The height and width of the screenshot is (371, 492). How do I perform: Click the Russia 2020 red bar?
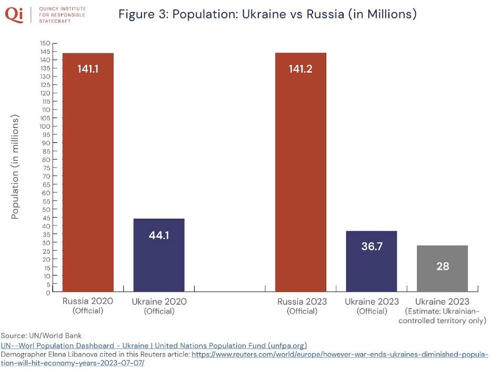(x=88, y=174)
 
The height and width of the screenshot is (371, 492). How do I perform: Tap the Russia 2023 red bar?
(x=300, y=174)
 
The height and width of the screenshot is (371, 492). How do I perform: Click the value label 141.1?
(x=88, y=69)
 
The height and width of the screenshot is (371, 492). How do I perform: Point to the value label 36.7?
(x=371, y=246)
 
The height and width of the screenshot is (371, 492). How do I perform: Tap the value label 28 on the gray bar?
(x=443, y=266)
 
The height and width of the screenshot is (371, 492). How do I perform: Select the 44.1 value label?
(x=159, y=235)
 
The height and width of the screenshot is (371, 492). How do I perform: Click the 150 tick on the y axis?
(x=45, y=43)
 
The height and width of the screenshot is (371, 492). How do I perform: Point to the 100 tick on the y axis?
(x=45, y=126)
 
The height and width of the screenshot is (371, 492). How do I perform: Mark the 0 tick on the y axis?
(x=47, y=292)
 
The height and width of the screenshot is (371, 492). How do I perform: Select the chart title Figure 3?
(x=267, y=14)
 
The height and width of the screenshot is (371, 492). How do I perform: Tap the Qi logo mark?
(x=15, y=15)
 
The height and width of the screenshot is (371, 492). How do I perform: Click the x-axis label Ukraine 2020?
(x=159, y=302)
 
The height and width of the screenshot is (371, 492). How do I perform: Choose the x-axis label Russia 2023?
(x=302, y=302)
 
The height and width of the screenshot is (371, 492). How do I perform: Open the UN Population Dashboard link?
(x=154, y=346)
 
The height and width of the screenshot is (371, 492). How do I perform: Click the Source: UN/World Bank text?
(x=41, y=336)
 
